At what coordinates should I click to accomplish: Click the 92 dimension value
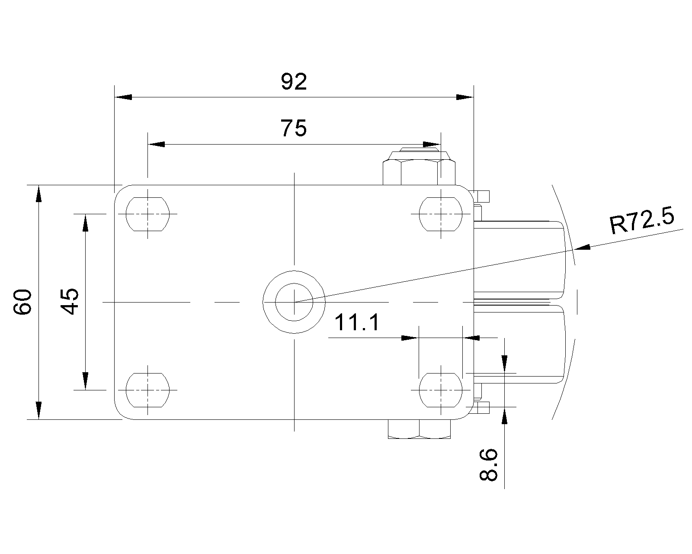point(294,82)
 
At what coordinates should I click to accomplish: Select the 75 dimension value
point(294,128)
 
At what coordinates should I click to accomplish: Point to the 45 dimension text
point(69,302)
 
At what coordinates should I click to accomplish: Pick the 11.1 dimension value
point(357,323)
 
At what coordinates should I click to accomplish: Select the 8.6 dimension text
point(489,465)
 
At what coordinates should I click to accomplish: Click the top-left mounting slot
point(147,214)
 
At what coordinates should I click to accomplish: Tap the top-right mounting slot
point(441,214)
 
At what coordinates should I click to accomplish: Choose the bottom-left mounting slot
point(147,390)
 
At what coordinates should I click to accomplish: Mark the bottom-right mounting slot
point(441,390)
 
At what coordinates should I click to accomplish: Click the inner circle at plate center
point(294,301)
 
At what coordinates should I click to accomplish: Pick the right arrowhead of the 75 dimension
point(432,144)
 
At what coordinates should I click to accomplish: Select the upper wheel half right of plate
point(519,260)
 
